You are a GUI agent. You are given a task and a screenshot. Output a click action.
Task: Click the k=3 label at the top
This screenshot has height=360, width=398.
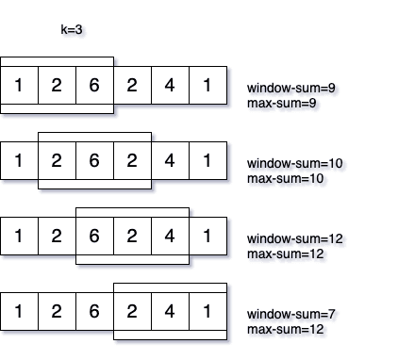pyautogui.click(x=73, y=30)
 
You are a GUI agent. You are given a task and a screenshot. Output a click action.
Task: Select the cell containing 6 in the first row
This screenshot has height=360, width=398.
pyautogui.click(x=94, y=85)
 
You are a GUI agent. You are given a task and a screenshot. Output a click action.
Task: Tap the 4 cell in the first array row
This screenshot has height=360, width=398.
pyautogui.click(x=170, y=85)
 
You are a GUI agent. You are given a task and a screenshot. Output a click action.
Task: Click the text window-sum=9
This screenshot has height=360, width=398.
pyautogui.click(x=291, y=88)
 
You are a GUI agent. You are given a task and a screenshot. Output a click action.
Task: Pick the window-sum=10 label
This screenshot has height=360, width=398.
pyautogui.click(x=295, y=163)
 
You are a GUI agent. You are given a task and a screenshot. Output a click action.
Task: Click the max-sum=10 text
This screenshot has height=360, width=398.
pyautogui.click(x=285, y=177)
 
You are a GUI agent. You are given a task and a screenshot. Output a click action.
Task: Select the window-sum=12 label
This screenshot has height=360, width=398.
pyautogui.click(x=295, y=238)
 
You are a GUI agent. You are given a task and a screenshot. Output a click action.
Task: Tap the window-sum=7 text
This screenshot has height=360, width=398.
pyautogui.click(x=291, y=314)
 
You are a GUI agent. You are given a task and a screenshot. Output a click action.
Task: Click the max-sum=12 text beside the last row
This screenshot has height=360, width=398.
pyautogui.click(x=285, y=328)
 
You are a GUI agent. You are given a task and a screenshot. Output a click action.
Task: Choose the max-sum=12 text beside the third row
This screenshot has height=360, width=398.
pyautogui.click(x=285, y=253)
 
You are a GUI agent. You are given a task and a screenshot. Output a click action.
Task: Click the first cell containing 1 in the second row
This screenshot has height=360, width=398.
pyautogui.click(x=19, y=160)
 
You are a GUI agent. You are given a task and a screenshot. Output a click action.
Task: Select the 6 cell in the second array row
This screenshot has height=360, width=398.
pyautogui.click(x=94, y=160)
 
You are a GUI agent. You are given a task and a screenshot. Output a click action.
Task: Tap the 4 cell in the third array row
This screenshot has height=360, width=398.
pyautogui.click(x=170, y=236)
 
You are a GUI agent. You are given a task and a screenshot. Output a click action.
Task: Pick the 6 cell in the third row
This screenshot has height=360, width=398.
pyautogui.click(x=94, y=236)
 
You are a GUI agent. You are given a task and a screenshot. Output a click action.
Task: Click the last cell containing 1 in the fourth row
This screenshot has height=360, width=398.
pyautogui.click(x=207, y=311)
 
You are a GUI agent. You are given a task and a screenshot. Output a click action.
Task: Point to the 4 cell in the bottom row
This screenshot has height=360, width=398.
pyautogui.click(x=170, y=311)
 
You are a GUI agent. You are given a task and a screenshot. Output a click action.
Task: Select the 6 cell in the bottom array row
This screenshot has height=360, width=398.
pyautogui.click(x=94, y=311)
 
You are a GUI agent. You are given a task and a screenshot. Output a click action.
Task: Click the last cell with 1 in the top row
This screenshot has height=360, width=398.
pyautogui.click(x=207, y=85)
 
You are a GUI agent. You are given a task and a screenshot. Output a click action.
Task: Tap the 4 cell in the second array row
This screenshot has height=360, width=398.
pyautogui.click(x=170, y=160)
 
